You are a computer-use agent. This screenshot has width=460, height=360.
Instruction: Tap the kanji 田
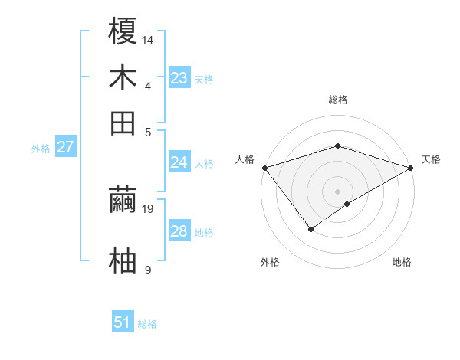tap(123, 123)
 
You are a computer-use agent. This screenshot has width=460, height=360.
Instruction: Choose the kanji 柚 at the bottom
tap(123, 260)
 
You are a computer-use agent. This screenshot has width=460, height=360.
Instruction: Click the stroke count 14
tap(148, 39)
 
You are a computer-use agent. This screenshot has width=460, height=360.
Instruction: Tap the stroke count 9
tap(148, 270)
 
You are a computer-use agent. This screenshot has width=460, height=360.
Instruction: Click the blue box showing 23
tap(179, 77)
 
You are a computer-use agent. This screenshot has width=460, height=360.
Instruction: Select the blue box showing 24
tap(179, 162)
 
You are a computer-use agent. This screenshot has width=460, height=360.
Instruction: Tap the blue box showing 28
tap(179, 231)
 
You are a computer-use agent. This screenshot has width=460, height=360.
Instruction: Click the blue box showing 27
tap(65, 147)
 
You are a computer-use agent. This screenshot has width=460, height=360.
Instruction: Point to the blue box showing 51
tap(123, 322)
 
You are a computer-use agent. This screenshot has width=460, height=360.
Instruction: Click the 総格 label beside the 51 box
tap(148, 324)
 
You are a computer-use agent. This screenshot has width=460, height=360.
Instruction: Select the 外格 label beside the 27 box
tap(41, 149)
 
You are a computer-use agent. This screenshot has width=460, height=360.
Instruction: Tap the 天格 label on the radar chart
tap(431, 159)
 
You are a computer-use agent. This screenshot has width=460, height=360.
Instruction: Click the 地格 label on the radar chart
tap(402, 263)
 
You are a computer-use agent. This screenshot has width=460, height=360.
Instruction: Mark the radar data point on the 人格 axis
tap(264, 167)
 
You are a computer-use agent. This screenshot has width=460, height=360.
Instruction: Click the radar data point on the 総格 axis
tap(337, 146)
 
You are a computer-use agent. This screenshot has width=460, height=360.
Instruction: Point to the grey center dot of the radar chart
tap(337, 191)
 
